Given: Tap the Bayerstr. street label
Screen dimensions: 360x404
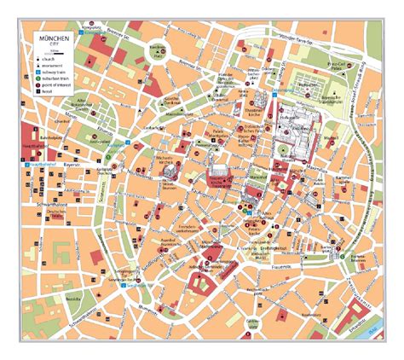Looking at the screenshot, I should (x=71, y=160).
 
